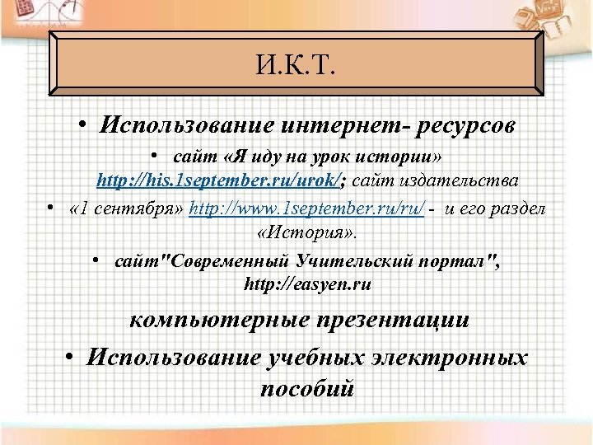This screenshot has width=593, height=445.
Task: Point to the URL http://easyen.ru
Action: [x=307, y=285]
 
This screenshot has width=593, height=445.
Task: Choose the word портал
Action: [x=458, y=262]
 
